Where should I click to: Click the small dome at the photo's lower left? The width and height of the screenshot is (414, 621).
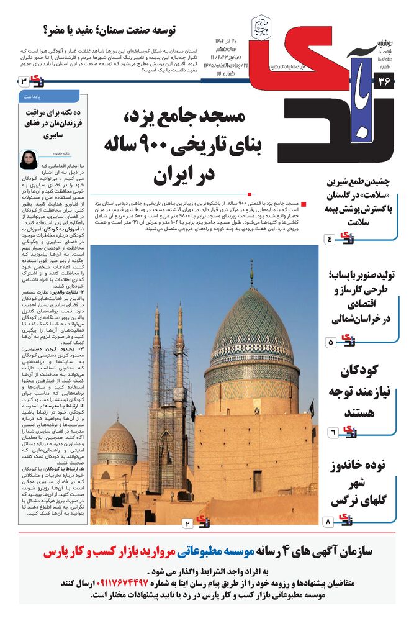117,444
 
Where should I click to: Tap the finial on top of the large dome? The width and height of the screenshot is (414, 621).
251,273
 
